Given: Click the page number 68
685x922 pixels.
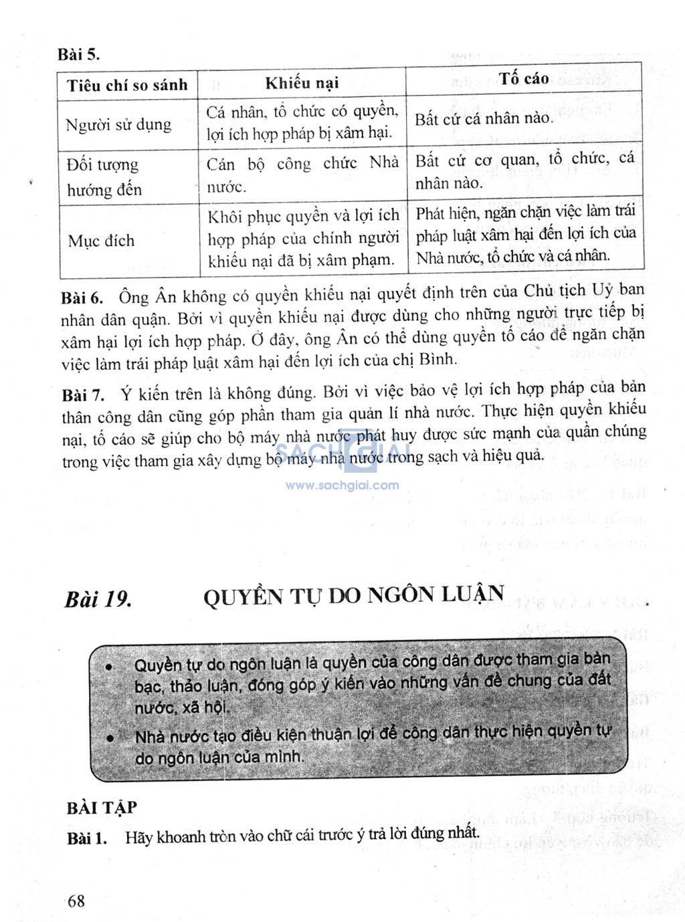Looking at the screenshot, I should pyautogui.click(x=76, y=901).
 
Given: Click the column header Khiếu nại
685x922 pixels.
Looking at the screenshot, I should pyautogui.click(x=302, y=84).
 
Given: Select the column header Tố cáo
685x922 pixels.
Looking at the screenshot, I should pyautogui.click(x=523, y=79).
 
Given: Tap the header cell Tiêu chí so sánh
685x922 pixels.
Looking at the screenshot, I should pyautogui.click(x=127, y=86).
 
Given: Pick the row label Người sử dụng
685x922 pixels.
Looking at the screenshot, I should pyautogui.click(x=118, y=125).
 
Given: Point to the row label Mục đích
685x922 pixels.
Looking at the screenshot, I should pyautogui.click(x=101, y=241).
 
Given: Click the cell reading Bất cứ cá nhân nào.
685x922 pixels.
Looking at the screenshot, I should pyautogui.click(x=484, y=119).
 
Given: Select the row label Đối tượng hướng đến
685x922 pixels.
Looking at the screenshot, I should pyautogui.click(x=104, y=177).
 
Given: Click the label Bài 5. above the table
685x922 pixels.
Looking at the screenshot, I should pyautogui.click(x=78, y=54).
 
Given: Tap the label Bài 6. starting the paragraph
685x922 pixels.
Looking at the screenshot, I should pyautogui.click(x=82, y=298).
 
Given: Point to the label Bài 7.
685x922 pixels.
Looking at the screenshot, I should pyautogui.click(x=83, y=394).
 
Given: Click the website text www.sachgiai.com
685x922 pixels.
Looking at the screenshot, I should pyautogui.click(x=342, y=485).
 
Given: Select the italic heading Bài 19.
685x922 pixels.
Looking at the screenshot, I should pyautogui.click(x=98, y=599).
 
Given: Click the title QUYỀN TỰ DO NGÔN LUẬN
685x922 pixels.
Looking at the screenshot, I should pyautogui.click(x=354, y=594).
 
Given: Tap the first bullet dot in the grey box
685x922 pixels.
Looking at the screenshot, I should pyautogui.click(x=109, y=667).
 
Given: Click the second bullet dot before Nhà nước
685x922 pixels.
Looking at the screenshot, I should pyautogui.click(x=110, y=737).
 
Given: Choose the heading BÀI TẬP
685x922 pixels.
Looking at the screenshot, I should pyautogui.click(x=102, y=808).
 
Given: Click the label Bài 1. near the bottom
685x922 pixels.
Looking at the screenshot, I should pyautogui.click(x=87, y=838).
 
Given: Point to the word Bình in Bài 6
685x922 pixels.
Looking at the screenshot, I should pyautogui.click(x=437, y=359).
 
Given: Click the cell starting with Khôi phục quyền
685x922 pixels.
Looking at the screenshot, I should pyautogui.click(x=303, y=238).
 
